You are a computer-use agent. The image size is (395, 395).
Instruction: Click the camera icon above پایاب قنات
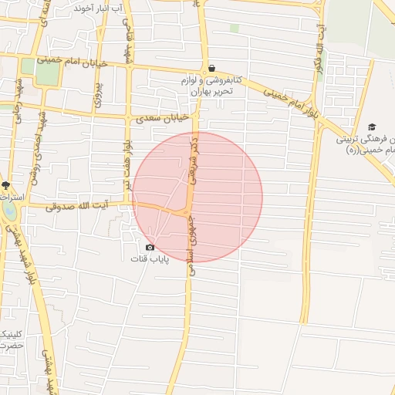pos(150,247)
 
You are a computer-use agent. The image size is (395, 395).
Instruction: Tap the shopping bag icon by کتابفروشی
pos(211,68)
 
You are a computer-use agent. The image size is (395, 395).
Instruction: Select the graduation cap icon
pos(372,127)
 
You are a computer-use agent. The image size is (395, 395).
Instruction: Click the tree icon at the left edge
pos(5,185)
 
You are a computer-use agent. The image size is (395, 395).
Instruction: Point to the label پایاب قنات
pos(149,258)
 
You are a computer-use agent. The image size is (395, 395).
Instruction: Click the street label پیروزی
pos(99,92)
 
